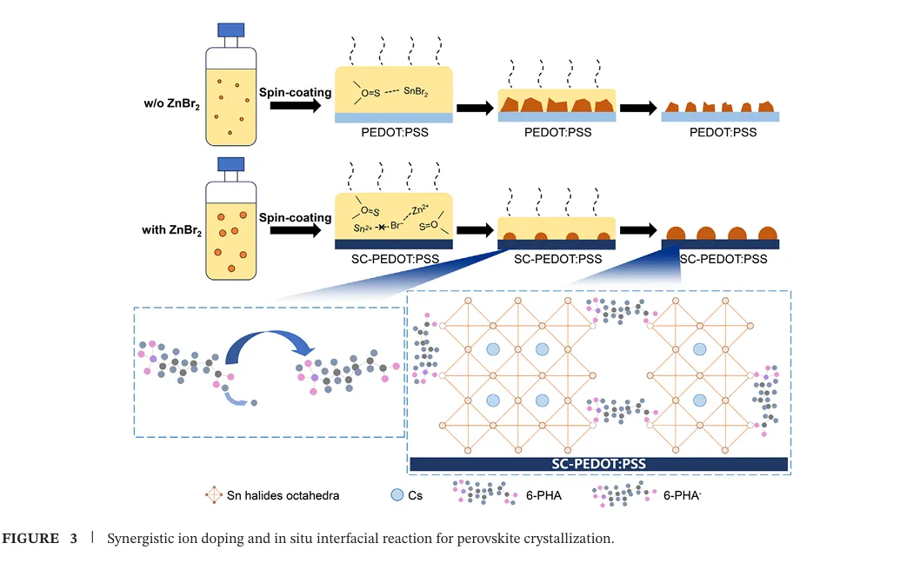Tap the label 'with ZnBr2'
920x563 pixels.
coord(171,231)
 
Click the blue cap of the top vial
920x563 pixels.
coord(230,30)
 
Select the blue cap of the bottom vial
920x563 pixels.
coord(230,164)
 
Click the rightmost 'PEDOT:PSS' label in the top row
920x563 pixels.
coord(723,132)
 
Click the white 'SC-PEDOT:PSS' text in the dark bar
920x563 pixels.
coord(598,464)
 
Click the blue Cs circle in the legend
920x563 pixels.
coord(397,495)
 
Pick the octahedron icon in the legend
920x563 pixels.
coord(213,495)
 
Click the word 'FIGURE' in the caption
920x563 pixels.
coord(31,539)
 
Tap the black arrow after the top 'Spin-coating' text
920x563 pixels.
coord(295,105)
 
